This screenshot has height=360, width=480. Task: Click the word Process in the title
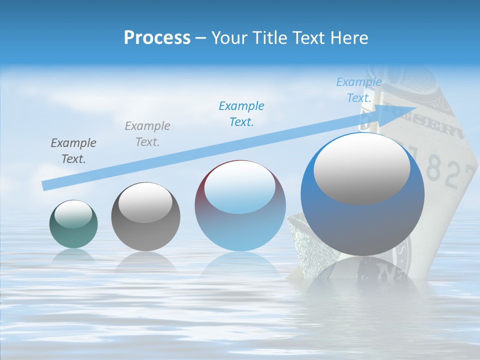point(157,38)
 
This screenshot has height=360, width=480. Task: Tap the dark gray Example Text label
point(73,151)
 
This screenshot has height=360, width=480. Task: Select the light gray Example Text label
point(147,134)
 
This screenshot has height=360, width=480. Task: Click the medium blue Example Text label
point(241,114)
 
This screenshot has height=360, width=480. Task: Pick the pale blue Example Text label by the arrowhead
point(359,90)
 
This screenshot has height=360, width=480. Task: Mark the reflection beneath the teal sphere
point(73,256)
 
